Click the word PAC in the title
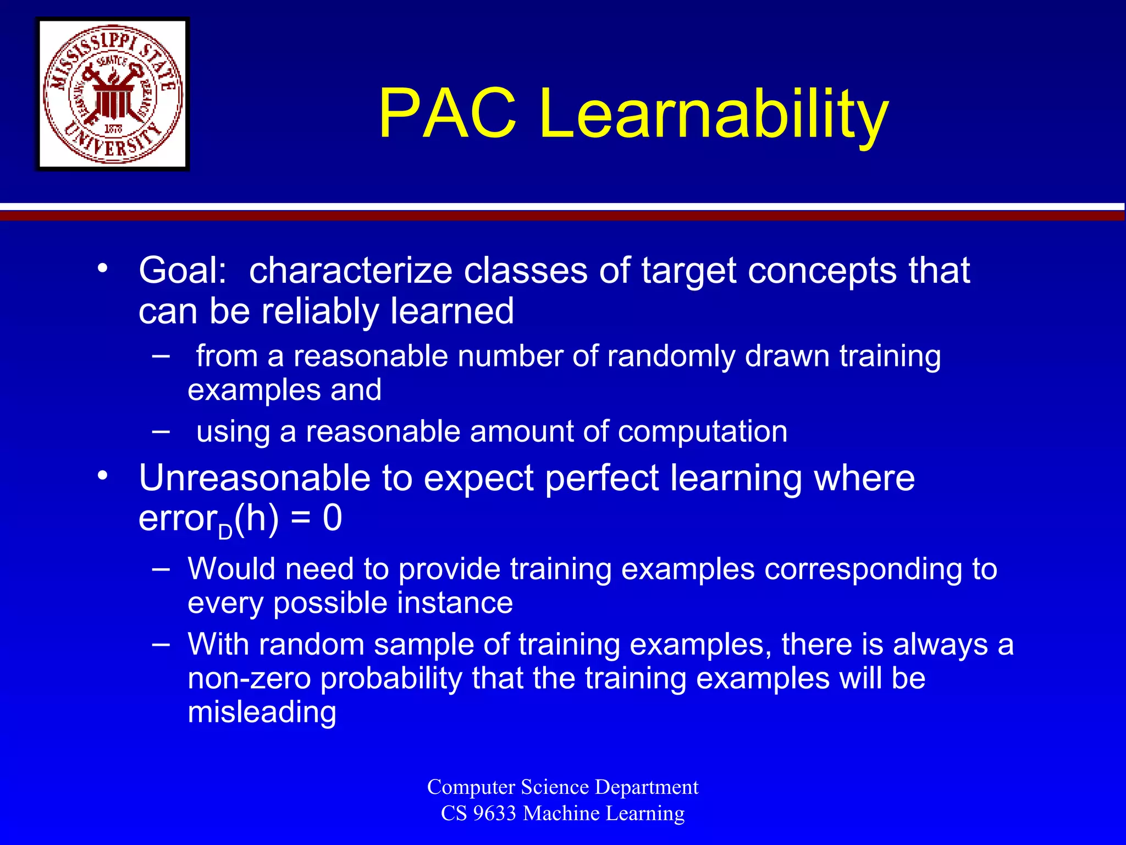point(447,114)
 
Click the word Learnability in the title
point(713,114)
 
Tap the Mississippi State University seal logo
point(113,94)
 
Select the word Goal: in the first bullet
point(183,271)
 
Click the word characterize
point(350,271)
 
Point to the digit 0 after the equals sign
point(332,518)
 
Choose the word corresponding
point(864,569)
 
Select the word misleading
point(262,712)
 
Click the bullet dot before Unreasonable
point(102,476)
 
